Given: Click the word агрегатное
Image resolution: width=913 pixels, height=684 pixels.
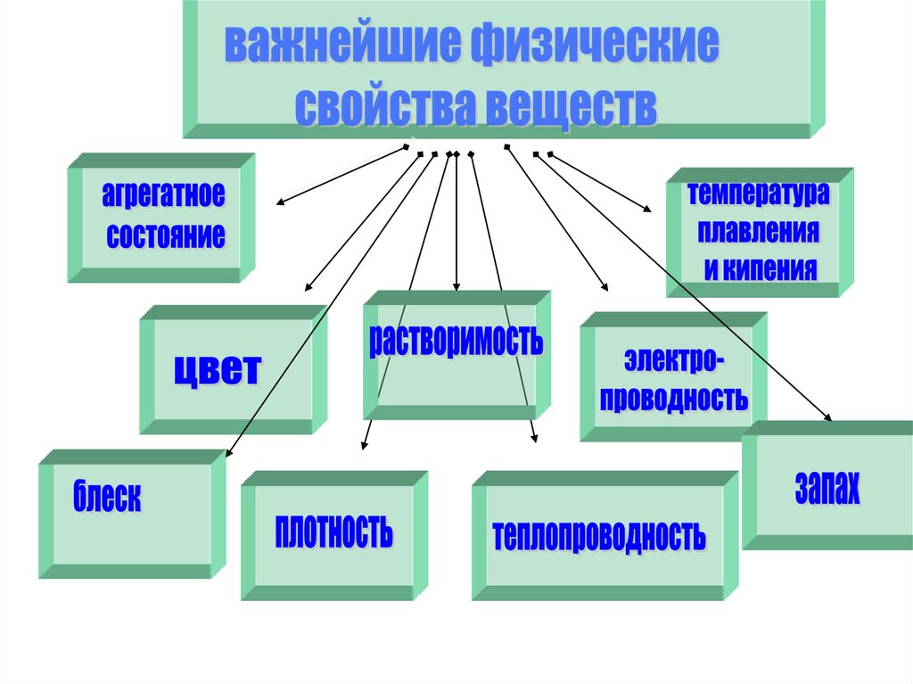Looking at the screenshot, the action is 162,194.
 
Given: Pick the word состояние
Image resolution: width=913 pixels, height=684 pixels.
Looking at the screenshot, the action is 166,236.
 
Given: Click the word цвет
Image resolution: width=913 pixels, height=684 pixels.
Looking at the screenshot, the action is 218,368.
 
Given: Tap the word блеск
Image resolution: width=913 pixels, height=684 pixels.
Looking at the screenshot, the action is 108,496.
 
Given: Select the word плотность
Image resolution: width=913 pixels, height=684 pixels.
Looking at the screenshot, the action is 334,532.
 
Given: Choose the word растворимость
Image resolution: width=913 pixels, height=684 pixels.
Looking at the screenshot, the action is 456,341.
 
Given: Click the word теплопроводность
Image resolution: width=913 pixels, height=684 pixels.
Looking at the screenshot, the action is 599,535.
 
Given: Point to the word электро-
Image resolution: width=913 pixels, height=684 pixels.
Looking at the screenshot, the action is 674,362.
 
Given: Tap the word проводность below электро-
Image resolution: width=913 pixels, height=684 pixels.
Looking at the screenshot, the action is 674,398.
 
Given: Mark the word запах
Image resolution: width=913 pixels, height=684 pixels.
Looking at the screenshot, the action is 827,488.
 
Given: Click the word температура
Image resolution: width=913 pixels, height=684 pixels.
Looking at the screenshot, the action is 757,193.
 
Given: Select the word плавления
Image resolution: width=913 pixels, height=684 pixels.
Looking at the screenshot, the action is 758,232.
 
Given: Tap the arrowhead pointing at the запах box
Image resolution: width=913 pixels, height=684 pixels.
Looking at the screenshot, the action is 828,417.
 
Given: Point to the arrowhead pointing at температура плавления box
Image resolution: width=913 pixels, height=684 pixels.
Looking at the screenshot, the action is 647,210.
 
